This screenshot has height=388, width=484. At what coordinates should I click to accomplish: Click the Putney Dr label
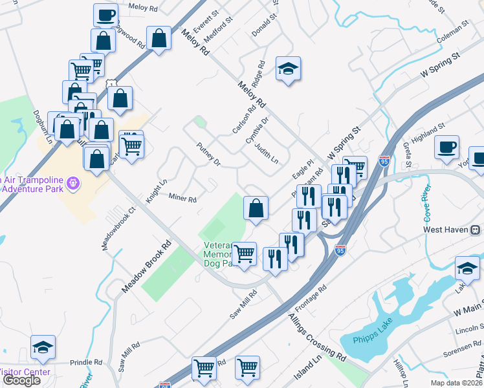209,155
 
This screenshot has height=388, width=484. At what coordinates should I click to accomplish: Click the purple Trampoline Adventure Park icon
74,184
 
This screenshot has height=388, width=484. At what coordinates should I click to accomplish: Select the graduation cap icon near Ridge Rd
288,69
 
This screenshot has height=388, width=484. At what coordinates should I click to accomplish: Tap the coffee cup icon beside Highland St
447,147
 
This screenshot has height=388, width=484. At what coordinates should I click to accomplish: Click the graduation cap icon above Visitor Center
43,347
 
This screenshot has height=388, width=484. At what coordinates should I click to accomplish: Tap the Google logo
21,380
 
